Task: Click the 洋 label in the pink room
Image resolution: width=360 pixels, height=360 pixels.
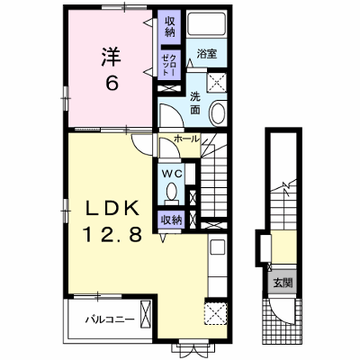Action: (x=111, y=56)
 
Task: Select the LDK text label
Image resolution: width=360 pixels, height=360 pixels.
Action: (x=113, y=208)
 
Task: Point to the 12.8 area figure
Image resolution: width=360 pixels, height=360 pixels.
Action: (x=112, y=234)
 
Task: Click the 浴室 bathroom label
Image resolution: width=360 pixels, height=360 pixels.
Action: (x=207, y=54)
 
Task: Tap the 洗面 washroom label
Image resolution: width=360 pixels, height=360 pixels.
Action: (x=195, y=104)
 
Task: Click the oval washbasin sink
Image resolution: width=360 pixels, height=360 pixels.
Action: (x=218, y=113)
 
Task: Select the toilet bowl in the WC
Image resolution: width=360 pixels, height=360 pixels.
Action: (x=171, y=193)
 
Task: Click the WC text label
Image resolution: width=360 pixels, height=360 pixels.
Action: (x=172, y=174)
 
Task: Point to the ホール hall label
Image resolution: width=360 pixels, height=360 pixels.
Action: (x=186, y=139)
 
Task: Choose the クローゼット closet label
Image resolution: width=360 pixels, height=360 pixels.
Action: (x=169, y=65)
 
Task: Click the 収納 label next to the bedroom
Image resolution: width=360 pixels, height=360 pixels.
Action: (x=170, y=26)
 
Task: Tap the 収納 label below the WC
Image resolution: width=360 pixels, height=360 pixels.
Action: (x=172, y=220)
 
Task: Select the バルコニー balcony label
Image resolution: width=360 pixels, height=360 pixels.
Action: (x=109, y=319)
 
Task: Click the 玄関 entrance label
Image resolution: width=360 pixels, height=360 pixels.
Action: (x=283, y=283)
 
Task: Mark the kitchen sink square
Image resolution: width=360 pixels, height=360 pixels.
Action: (x=217, y=247)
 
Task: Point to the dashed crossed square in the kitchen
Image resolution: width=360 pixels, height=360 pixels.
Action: (x=216, y=313)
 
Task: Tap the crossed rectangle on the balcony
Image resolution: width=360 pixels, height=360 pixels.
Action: (x=146, y=315)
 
